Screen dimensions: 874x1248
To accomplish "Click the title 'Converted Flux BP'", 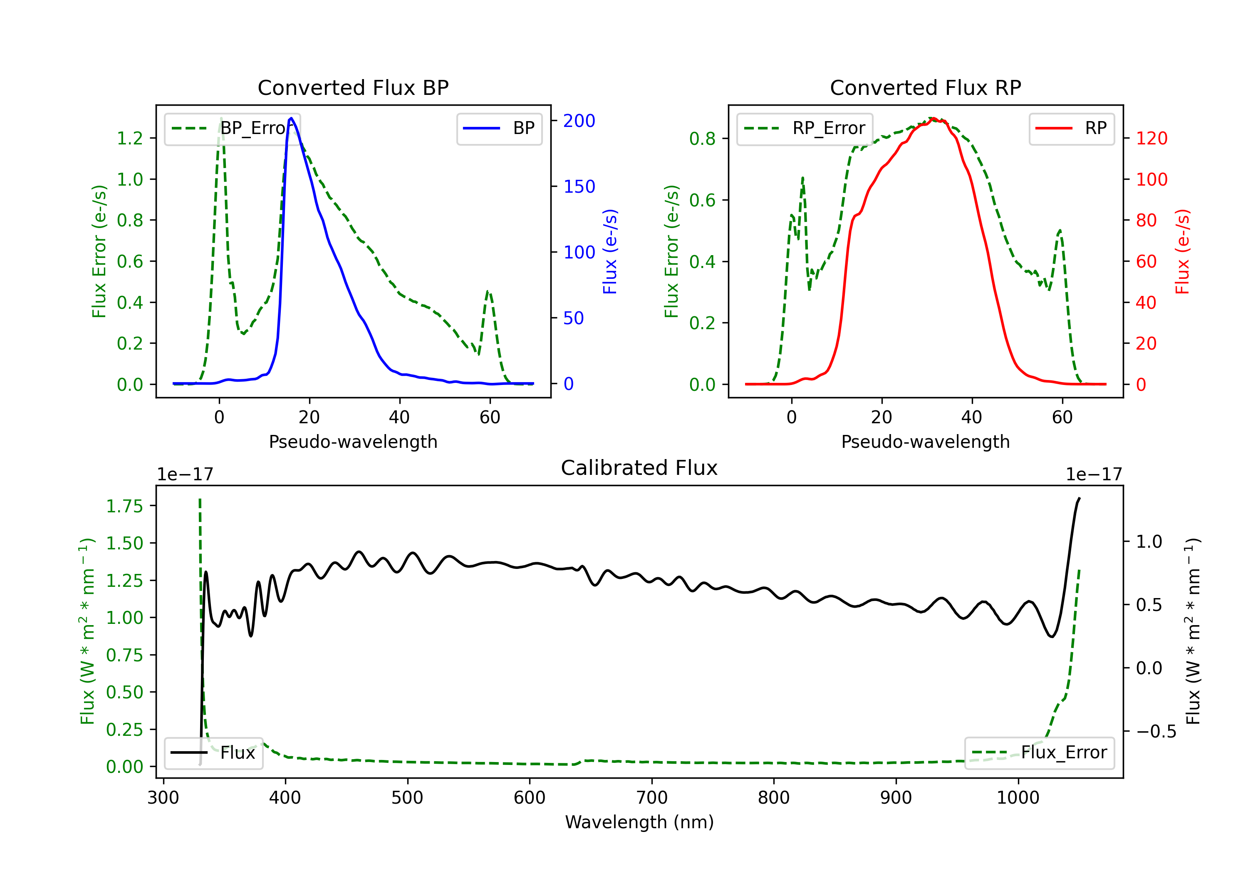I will tap(353, 87).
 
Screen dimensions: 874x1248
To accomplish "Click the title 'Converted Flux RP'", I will tap(925, 87).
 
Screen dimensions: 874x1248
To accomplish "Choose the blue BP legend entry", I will tap(499, 128).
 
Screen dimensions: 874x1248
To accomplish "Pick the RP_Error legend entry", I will tap(805, 128).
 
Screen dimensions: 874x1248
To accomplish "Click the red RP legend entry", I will tap(1071, 128).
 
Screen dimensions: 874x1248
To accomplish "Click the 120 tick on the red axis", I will tap(1151, 138).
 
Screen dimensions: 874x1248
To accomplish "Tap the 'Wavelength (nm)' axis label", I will tap(639, 822).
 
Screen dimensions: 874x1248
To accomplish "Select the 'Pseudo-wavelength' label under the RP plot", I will tap(925, 442).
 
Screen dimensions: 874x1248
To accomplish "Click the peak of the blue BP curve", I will tap(291, 118).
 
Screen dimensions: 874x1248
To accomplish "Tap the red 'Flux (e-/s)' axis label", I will tap(1183, 251).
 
